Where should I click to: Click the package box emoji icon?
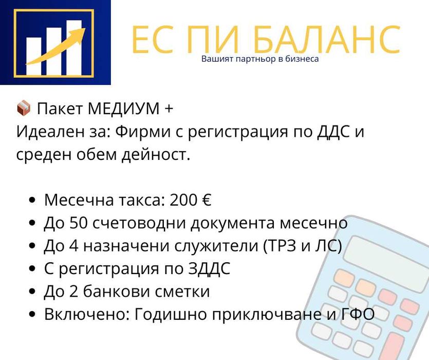point(24,108)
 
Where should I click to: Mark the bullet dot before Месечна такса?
point(33,201)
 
